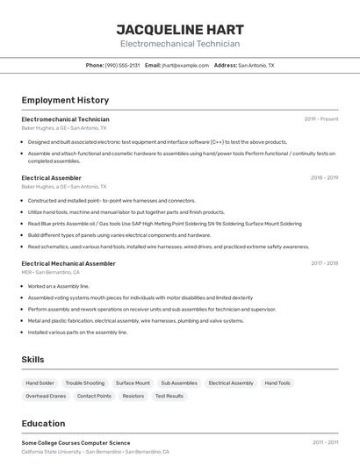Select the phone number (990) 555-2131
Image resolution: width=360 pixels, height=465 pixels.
click(122, 65)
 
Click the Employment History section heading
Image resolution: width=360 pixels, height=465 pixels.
click(65, 100)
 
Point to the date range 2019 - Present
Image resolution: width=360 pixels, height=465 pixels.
click(321, 118)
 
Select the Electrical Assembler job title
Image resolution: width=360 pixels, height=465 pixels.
click(51, 177)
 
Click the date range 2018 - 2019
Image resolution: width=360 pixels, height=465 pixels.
click(324, 177)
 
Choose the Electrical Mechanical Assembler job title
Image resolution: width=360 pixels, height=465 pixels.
click(68, 263)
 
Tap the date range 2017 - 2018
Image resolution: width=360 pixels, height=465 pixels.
click(324, 263)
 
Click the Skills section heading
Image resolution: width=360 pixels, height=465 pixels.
click(32, 360)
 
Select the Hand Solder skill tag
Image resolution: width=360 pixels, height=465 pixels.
click(40, 383)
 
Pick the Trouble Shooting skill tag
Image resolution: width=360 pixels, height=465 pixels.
click(84, 383)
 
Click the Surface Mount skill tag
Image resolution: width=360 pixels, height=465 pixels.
click(133, 383)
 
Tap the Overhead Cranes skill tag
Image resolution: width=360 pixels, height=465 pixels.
click(46, 396)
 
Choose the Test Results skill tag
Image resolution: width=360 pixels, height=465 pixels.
click(169, 396)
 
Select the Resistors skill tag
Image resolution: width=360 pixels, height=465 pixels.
click(133, 396)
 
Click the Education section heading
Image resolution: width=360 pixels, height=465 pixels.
click(43, 423)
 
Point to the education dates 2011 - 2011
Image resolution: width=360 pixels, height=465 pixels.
click(324, 443)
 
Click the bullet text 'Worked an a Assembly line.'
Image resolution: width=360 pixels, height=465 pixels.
click(58, 286)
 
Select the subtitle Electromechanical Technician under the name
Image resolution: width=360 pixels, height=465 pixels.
click(179, 43)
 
